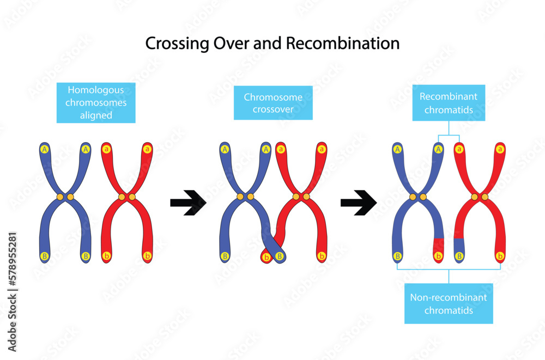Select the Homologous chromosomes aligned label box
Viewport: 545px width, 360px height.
(96, 102)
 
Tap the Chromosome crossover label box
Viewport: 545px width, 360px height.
(273, 103)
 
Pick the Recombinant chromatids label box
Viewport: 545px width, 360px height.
(449, 102)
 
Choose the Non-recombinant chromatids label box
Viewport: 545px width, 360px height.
(449, 304)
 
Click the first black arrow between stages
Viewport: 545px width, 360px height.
(187, 203)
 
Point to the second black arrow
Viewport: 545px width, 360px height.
(358, 203)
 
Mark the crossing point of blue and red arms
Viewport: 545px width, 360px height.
(273, 240)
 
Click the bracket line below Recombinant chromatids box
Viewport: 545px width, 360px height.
(449, 135)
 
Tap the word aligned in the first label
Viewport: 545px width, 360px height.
(96, 115)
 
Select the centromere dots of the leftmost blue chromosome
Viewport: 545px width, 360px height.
(65, 197)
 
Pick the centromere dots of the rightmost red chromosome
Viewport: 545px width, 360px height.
(480, 197)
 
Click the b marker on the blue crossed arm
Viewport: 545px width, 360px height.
(267, 257)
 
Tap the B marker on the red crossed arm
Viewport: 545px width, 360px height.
(280, 255)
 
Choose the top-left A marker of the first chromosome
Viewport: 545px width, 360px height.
(45, 148)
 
